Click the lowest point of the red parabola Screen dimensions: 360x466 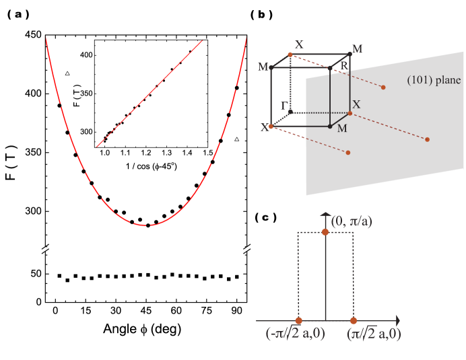pyautogui.click(x=147, y=225)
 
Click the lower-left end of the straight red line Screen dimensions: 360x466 pyautogui.click(x=97, y=146)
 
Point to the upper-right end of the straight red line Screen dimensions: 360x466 pyautogui.click(x=203, y=40)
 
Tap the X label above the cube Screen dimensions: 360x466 pyautogui.click(x=299, y=45)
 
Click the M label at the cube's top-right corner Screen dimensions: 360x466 pyautogui.click(x=357, y=49)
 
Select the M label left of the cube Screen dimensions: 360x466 pyautogui.click(x=263, y=67)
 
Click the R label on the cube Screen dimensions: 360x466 pyautogui.click(x=344, y=66)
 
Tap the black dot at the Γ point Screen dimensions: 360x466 pyautogui.click(x=290, y=112)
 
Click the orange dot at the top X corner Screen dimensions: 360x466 pyautogui.click(x=290, y=55)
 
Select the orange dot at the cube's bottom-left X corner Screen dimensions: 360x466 pyautogui.click(x=271, y=127)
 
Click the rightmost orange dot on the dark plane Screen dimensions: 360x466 pyautogui.click(x=427, y=139)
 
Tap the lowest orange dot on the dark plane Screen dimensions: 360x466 pyautogui.click(x=347, y=153)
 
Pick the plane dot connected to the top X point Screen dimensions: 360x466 pyautogui.click(x=383, y=87)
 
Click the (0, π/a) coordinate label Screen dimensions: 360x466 pyautogui.click(x=352, y=221)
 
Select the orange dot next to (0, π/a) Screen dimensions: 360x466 pyautogui.click(x=325, y=231)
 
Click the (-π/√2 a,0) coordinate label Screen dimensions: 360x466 pyautogui.click(x=295, y=333)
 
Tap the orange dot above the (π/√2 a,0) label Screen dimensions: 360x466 pyautogui.click(x=353, y=320)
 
